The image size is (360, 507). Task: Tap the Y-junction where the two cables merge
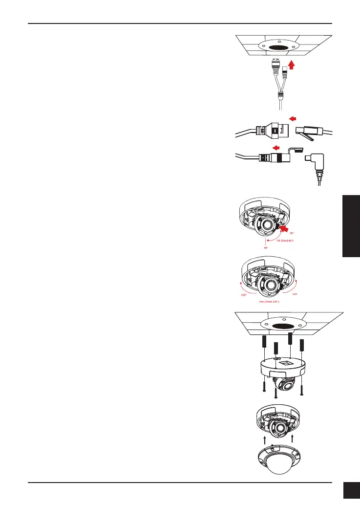click(x=281, y=94)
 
